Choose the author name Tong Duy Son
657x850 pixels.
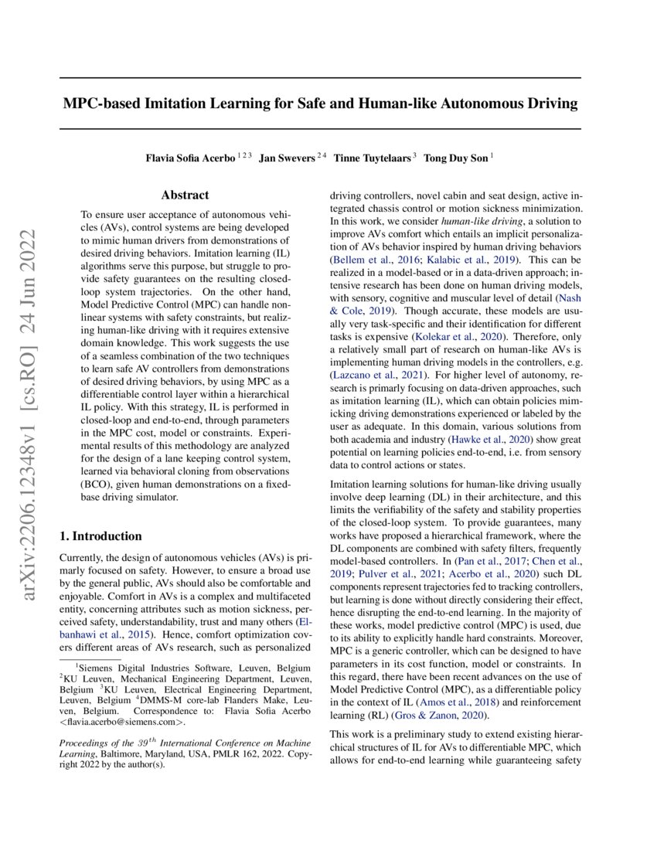[x=456, y=158]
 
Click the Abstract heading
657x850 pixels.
[x=185, y=195]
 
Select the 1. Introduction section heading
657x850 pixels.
[x=100, y=536]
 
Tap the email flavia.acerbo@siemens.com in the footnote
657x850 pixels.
[x=123, y=722]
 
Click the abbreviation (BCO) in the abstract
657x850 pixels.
[x=100, y=485]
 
